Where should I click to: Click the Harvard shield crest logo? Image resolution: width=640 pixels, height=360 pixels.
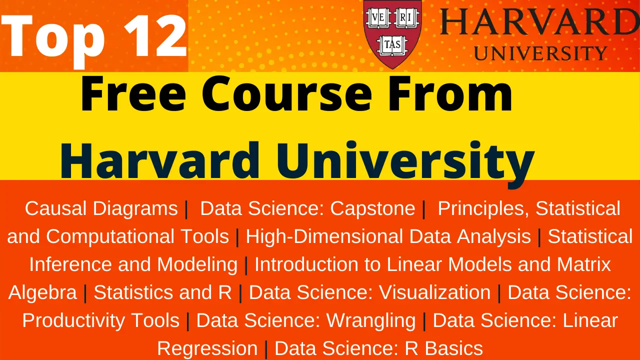click(x=393, y=32)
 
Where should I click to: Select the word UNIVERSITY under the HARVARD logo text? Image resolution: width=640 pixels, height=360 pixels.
click(x=540, y=53)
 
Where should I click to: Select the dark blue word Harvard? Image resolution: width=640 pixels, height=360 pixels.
click(x=160, y=160)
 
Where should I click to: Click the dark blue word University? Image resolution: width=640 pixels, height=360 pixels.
click(x=400, y=160)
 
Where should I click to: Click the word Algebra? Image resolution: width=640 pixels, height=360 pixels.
click(x=43, y=292)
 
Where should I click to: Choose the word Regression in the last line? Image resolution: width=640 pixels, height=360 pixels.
click(x=207, y=348)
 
